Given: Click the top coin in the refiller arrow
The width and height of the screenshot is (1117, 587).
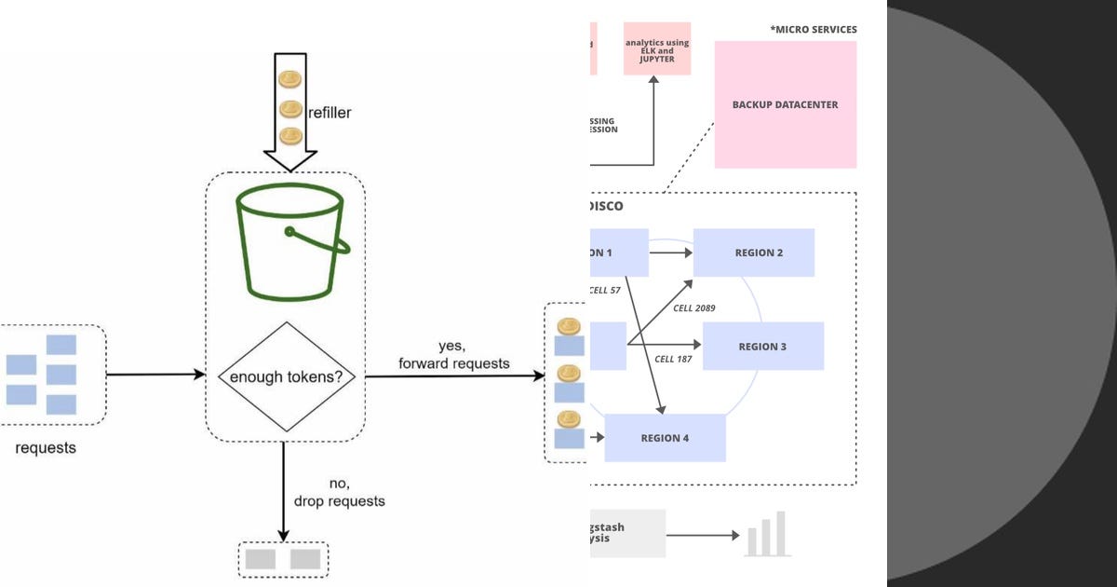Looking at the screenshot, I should tap(290, 79).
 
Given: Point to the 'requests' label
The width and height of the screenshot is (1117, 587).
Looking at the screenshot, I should tap(46, 448).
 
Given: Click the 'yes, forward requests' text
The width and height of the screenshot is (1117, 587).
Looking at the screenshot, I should tap(453, 355).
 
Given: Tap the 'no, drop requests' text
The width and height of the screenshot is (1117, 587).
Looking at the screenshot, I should tap(339, 492).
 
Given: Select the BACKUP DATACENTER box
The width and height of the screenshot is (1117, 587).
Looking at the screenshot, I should tap(785, 104).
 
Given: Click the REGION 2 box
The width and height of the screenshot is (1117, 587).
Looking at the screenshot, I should tap(753, 253).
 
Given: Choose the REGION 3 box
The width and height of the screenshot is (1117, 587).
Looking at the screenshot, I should tap(762, 346).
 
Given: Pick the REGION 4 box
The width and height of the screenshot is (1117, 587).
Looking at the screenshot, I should tap(665, 438).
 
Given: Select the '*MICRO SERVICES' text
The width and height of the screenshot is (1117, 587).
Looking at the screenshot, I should tap(813, 30).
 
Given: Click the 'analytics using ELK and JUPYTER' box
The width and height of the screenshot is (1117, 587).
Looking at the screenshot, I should tap(656, 48).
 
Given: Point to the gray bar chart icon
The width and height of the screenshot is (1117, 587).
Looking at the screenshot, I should tap(767, 535).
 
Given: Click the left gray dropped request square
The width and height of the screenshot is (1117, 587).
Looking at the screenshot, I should tap(260, 559).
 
